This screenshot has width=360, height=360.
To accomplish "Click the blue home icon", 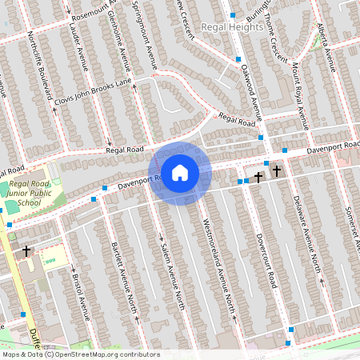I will click(x=180, y=173).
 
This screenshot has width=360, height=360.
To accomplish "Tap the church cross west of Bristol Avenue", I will click(x=26, y=251).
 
